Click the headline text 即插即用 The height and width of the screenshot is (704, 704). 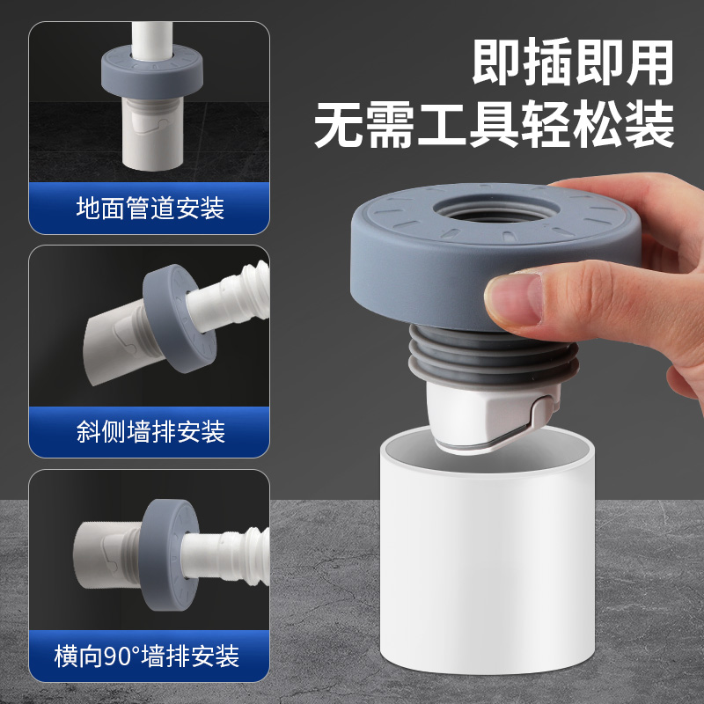[x=572, y=62]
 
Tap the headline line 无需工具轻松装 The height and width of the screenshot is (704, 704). [x=495, y=124]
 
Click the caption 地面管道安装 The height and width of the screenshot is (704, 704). [x=150, y=209]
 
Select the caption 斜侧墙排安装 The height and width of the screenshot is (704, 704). [x=150, y=431]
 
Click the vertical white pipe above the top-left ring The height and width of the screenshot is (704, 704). [x=150, y=35]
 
